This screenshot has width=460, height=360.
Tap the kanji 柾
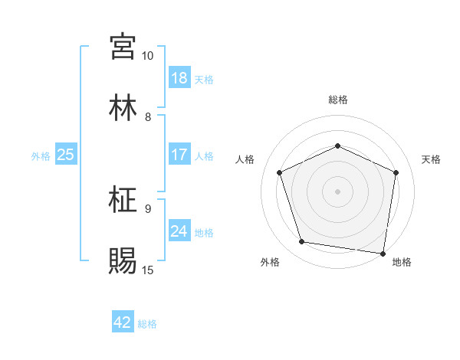click(123, 200)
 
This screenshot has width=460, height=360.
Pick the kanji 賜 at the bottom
click(123, 260)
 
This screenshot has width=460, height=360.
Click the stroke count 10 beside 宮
click(147, 56)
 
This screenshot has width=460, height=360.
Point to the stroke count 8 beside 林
click(148, 117)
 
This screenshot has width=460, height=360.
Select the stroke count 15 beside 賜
click(147, 270)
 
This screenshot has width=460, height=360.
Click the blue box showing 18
click(179, 78)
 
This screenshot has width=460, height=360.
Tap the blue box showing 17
click(179, 155)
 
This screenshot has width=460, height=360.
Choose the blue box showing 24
click(179, 231)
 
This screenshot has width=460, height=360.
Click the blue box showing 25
click(66, 155)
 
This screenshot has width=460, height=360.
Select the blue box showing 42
click(123, 322)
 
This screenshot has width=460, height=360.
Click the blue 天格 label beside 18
click(204, 80)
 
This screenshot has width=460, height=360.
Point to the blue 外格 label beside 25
click(41, 156)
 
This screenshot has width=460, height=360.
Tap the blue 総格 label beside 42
click(147, 324)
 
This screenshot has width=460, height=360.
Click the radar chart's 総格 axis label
click(338, 100)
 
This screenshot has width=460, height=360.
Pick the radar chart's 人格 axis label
click(245, 159)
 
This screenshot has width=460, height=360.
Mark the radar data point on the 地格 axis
click(383, 253)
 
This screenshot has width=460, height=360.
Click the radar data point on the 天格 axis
click(396, 172)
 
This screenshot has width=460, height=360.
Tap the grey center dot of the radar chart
click(338, 191)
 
